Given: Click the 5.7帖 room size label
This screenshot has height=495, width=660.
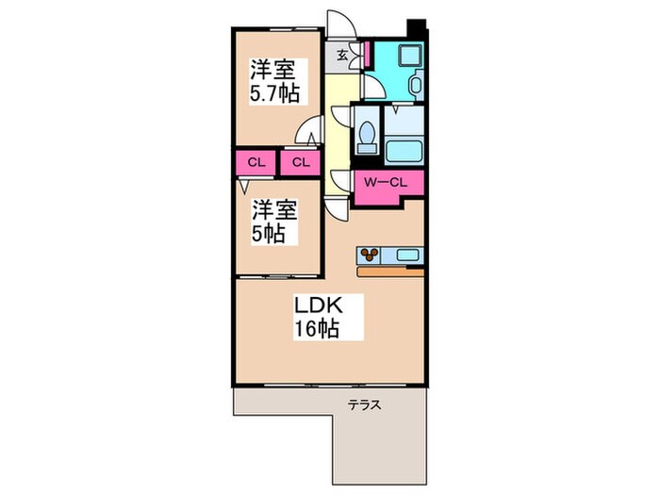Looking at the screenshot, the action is [x=275, y=93].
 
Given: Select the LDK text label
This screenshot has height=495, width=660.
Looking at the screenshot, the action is [x=319, y=305].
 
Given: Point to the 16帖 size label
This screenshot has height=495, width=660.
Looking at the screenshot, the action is [x=316, y=329].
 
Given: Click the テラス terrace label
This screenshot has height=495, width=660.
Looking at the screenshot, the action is [x=365, y=405].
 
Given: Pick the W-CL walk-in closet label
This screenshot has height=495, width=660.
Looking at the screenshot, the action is [x=386, y=183].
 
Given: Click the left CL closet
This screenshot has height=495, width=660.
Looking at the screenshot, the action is [x=256, y=162].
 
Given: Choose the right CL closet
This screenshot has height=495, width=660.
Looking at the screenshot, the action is [x=301, y=162].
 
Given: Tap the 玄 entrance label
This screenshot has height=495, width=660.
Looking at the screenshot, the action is [x=342, y=55].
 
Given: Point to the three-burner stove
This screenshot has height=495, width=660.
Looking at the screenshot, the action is [x=370, y=255].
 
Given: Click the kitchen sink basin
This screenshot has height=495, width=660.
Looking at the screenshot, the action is [x=408, y=256].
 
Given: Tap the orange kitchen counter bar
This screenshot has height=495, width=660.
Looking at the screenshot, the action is [x=390, y=272].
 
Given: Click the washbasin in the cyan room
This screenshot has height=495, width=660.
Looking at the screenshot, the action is [x=417, y=85].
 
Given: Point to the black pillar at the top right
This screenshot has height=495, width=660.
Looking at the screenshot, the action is [x=417, y=28].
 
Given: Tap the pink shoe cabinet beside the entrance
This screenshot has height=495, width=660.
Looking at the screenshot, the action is [x=367, y=54].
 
